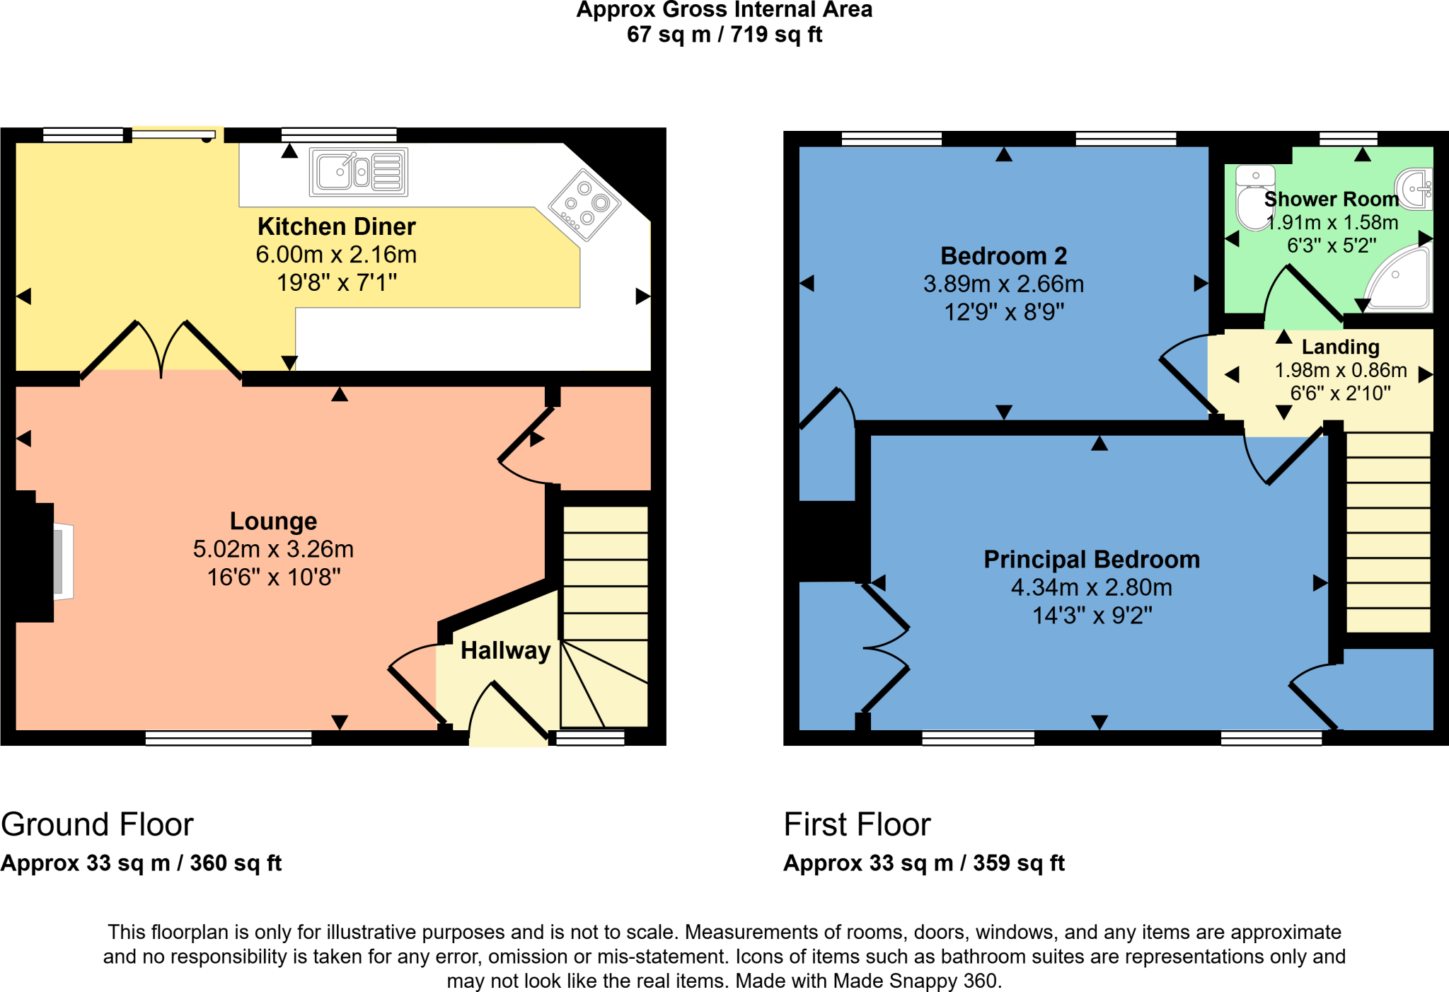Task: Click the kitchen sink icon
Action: point(359,172)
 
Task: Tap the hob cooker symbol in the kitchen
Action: point(584,204)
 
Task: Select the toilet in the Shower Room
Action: point(1254,197)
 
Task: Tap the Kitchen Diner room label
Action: point(336,226)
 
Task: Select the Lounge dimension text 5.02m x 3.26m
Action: point(273,549)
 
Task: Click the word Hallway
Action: point(505,650)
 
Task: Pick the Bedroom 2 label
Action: point(1003,255)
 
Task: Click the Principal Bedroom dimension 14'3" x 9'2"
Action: point(1092,616)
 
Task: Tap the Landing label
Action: point(1340,347)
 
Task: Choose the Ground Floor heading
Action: point(97,824)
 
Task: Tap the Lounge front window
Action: point(228,738)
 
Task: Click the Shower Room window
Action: point(1348,138)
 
